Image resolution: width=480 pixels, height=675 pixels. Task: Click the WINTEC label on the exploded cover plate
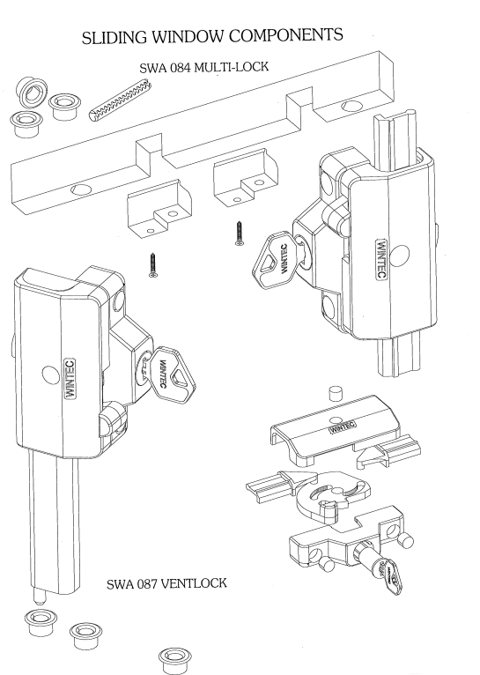(x=345, y=430)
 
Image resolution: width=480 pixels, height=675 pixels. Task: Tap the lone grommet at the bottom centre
(x=174, y=657)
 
